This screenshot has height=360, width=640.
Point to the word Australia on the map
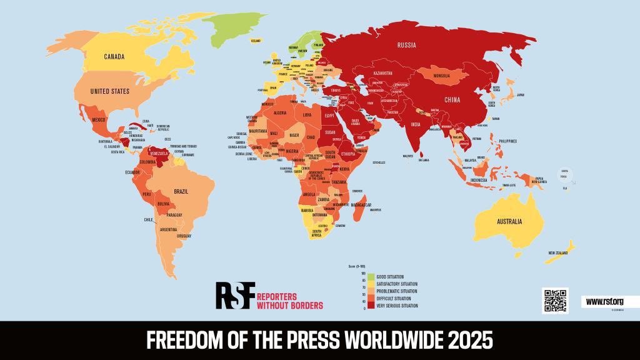pos(511,221)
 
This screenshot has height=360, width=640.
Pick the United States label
pos(109,91)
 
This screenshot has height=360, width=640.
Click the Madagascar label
pos(361,205)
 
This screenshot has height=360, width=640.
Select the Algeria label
pos(276,112)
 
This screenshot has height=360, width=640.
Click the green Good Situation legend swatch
pos(371,276)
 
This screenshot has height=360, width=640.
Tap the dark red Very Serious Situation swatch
pos(371,306)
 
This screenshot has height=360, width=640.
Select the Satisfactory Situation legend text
pos(397,283)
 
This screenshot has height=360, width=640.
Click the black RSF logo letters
pos(235,295)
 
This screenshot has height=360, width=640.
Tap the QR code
pos(555,301)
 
